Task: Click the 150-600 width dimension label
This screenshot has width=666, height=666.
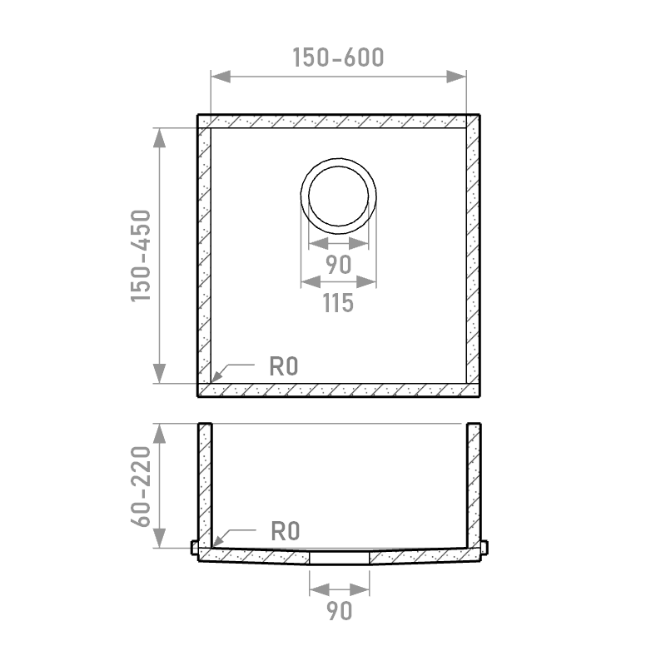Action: pyautogui.click(x=338, y=57)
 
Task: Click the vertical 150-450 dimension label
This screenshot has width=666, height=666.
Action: pyautogui.click(x=141, y=256)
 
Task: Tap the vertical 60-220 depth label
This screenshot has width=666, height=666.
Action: pyautogui.click(x=141, y=486)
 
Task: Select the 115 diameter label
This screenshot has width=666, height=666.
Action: pyautogui.click(x=338, y=303)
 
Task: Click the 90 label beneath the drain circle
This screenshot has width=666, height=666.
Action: pyautogui.click(x=339, y=265)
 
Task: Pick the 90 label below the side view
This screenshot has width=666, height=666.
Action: pyautogui.click(x=340, y=611)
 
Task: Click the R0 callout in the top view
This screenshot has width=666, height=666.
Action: pyautogui.click(x=284, y=366)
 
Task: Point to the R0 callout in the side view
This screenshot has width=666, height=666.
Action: pyautogui.click(x=286, y=531)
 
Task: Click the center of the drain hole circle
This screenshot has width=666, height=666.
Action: pyautogui.click(x=339, y=196)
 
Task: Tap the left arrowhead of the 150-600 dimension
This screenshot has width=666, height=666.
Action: pyautogui.click(x=221, y=77)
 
